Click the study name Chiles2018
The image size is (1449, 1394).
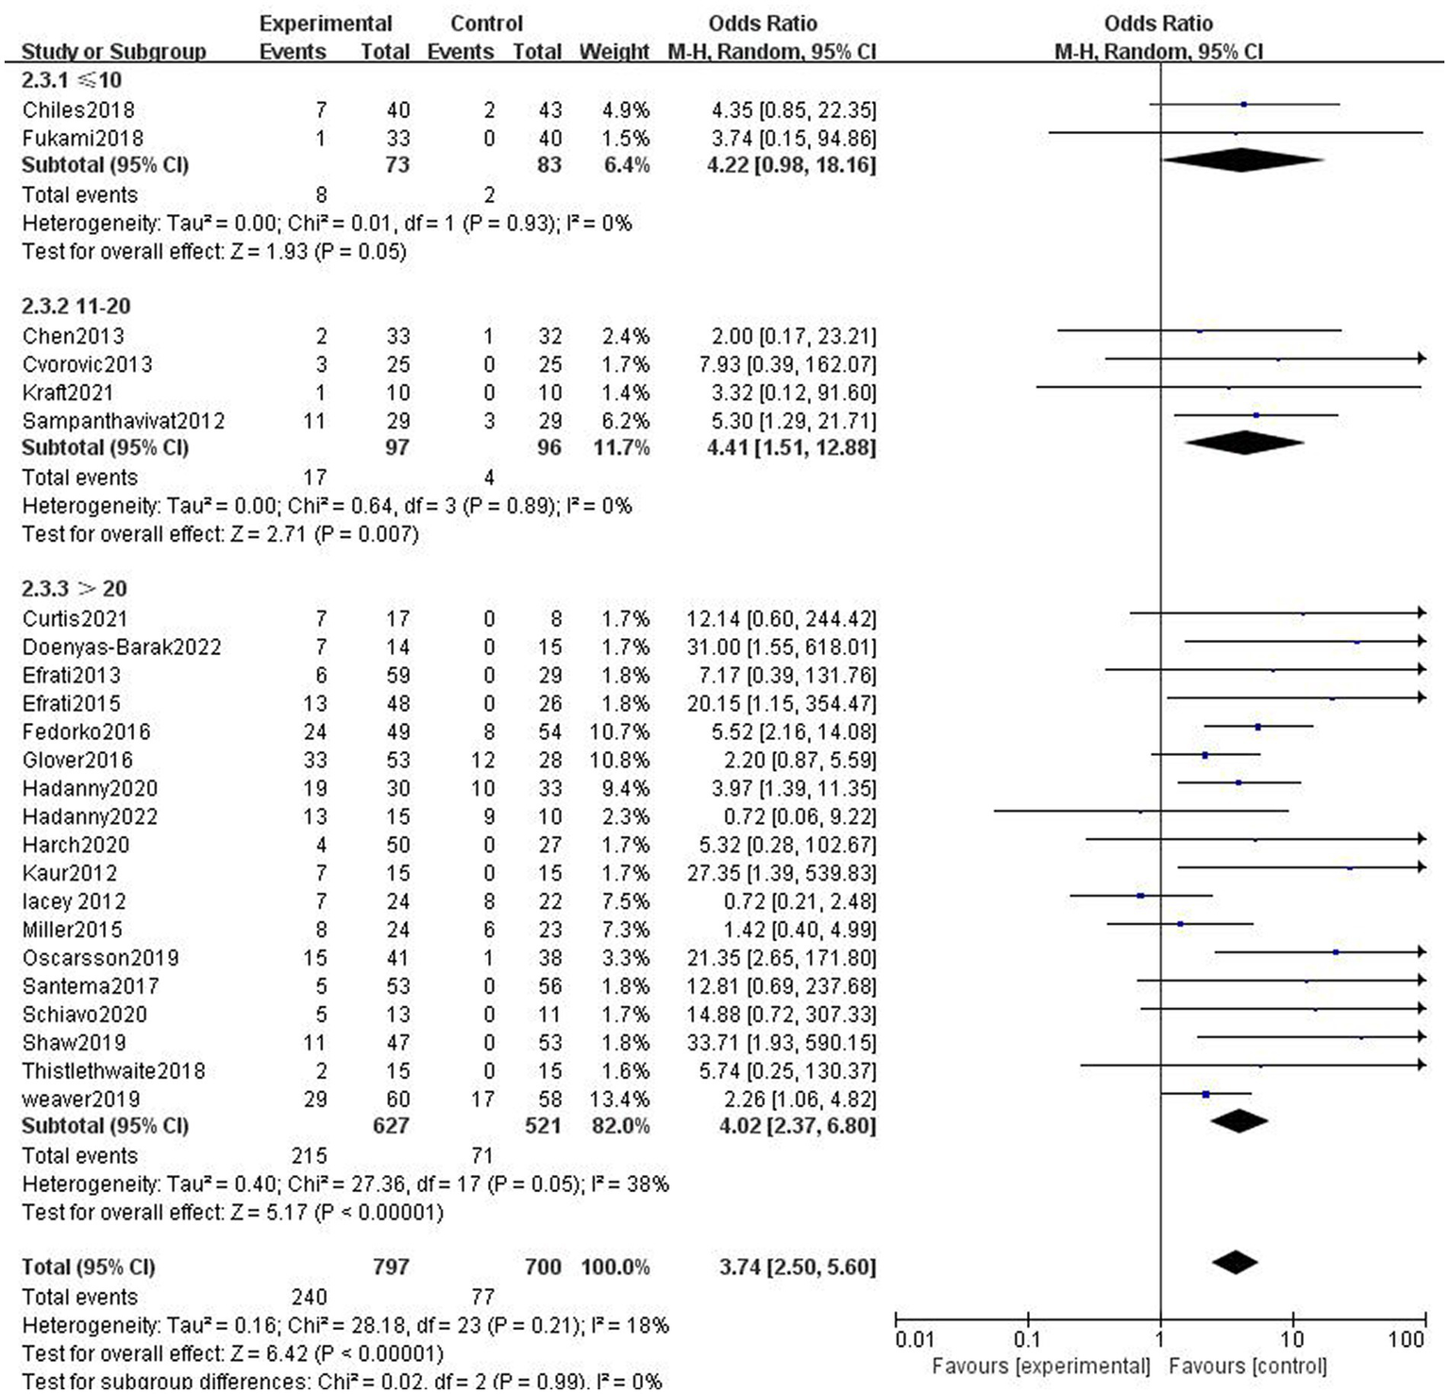pyautogui.click(x=78, y=110)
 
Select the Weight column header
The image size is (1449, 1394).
pyautogui.click(x=614, y=52)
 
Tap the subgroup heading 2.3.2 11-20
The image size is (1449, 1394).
pyautogui.click(x=76, y=307)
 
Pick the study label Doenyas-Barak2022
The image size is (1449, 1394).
pyautogui.click(x=122, y=647)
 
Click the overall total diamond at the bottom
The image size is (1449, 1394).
pyautogui.click(x=1234, y=1263)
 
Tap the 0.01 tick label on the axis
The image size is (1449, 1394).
pyautogui.click(x=914, y=1340)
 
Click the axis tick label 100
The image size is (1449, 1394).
pyautogui.click(x=1406, y=1340)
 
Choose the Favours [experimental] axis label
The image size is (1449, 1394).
pyautogui.click(x=1040, y=1367)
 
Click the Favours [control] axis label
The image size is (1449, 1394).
pyautogui.click(x=1247, y=1367)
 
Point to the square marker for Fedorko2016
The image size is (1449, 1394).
pyautogui.click(x=1258, y=727)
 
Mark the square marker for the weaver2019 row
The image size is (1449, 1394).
pyautogui.click(x=1206, y=1095)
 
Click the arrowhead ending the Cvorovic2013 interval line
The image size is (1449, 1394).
pyautogui.click(x=1421, y=359)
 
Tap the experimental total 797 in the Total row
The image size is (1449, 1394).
pyautogui.click(x=391, y=1268)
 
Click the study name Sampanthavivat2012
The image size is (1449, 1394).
pyautogui.click(x=124, y=421)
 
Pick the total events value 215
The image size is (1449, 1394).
pyautogui.click(x=309, y=1156)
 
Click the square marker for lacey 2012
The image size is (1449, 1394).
pyautogui.click(x=1141, y=896)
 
